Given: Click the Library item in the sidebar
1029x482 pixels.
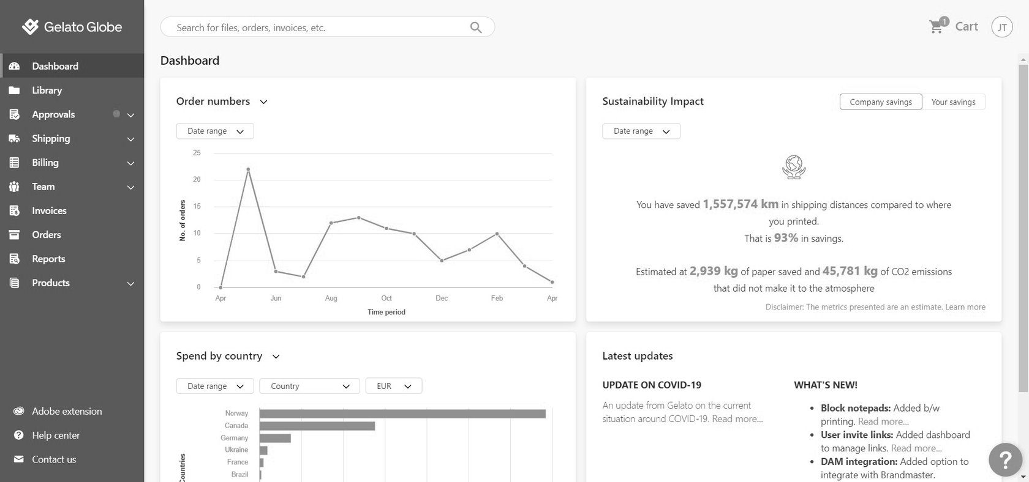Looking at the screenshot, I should (47, 91).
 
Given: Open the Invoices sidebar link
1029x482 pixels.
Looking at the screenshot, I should (49, 211).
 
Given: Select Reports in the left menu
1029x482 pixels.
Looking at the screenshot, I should (48, 259).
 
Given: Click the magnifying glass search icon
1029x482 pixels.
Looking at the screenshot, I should (475, 28).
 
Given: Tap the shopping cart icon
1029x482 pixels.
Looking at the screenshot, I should (936, 27).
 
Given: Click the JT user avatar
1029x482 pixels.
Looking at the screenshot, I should (1002, 27).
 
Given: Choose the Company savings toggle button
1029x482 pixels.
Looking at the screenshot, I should (880, 102).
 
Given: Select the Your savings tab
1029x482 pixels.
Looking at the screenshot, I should (953, 102).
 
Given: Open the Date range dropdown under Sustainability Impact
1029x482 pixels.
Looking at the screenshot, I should (641, 132).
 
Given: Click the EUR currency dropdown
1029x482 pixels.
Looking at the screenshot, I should (393, 387).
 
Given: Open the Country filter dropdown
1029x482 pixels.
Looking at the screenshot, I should (310, 387).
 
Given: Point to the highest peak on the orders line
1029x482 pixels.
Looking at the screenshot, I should (248, 169).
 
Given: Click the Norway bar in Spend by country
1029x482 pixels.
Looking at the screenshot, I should (402, 414).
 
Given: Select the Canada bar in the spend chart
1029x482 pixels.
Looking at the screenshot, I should (317, 426).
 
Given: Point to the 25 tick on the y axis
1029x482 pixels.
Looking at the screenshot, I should (197, 153).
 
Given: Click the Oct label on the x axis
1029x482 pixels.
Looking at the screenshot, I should (386, 298).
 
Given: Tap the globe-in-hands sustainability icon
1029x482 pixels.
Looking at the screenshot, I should (794, 167).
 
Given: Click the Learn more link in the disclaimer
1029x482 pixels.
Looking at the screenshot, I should (965, 307).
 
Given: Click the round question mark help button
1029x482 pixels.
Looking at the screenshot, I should (1005, 459).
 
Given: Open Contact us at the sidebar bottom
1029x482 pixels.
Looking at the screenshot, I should (54, 460).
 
